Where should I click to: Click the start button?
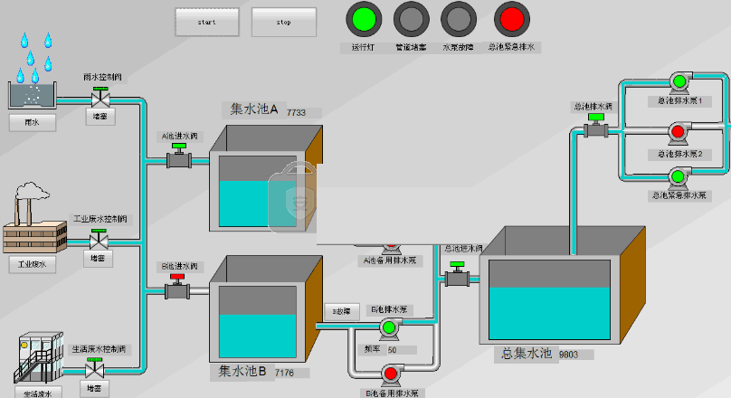(207, 22)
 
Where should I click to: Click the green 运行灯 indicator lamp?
(363, 19)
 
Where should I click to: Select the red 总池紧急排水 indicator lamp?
(511, 19)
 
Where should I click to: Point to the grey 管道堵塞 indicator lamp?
(412, 19)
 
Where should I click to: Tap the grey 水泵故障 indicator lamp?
(458, 19)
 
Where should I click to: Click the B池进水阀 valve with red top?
(177, 289)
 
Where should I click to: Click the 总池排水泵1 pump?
(679, 85)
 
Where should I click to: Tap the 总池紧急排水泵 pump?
(679, 177)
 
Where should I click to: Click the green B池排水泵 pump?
(390, 327)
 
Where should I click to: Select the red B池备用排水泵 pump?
(392, 373)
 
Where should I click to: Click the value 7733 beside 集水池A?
(297, 113)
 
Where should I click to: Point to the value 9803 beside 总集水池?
(570, 355)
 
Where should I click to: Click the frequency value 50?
(393, 349)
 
